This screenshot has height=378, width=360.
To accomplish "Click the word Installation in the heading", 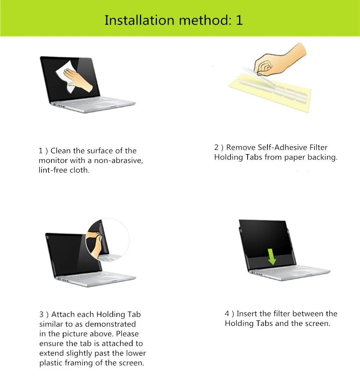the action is point(139,20).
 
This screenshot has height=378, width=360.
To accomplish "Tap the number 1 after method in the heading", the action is point(239,20).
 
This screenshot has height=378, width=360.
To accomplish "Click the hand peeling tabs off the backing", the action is point(280,59).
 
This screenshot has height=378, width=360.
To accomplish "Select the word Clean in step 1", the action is point(61,151).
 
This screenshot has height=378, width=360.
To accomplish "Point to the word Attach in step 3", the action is point(62,315).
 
